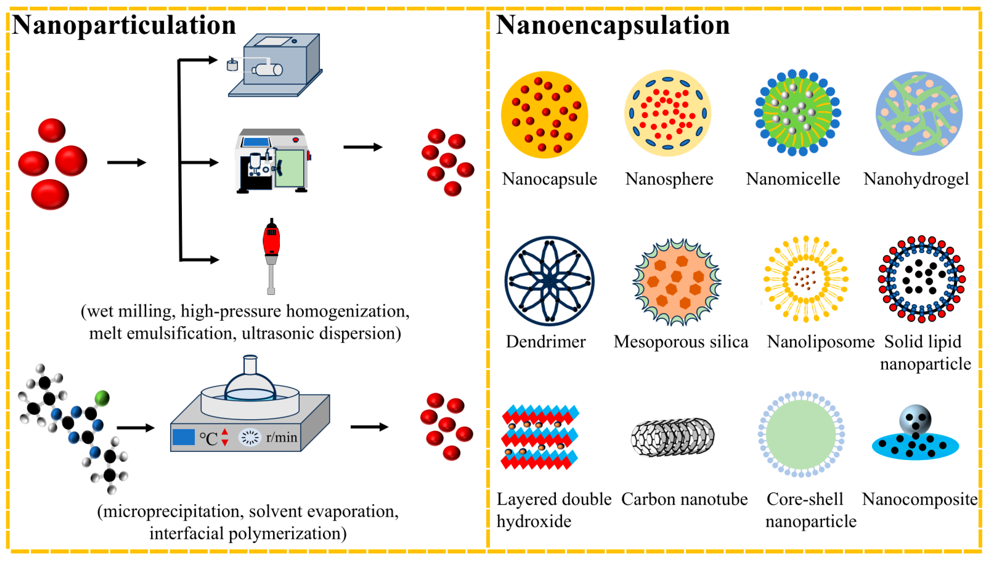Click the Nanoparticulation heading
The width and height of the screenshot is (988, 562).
[x=123, y=25]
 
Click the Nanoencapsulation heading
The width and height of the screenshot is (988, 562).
[x=613, y=25]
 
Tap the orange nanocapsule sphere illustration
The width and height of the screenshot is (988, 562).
[x=544, y=115]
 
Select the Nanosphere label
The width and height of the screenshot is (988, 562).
[x=669, y=179]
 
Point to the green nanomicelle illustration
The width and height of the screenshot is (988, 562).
[x=797, y=113]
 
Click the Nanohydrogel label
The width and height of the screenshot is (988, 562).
[x=916, y=179]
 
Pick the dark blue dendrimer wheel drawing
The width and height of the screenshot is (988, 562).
[x=549, y=281]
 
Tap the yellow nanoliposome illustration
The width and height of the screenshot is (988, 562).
[x=806, y=279]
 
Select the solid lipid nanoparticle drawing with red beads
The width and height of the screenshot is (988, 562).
[x=922, y=279]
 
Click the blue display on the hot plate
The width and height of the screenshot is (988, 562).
[x=183, y=437]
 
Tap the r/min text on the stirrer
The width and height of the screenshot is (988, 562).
[x=282, y=438]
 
